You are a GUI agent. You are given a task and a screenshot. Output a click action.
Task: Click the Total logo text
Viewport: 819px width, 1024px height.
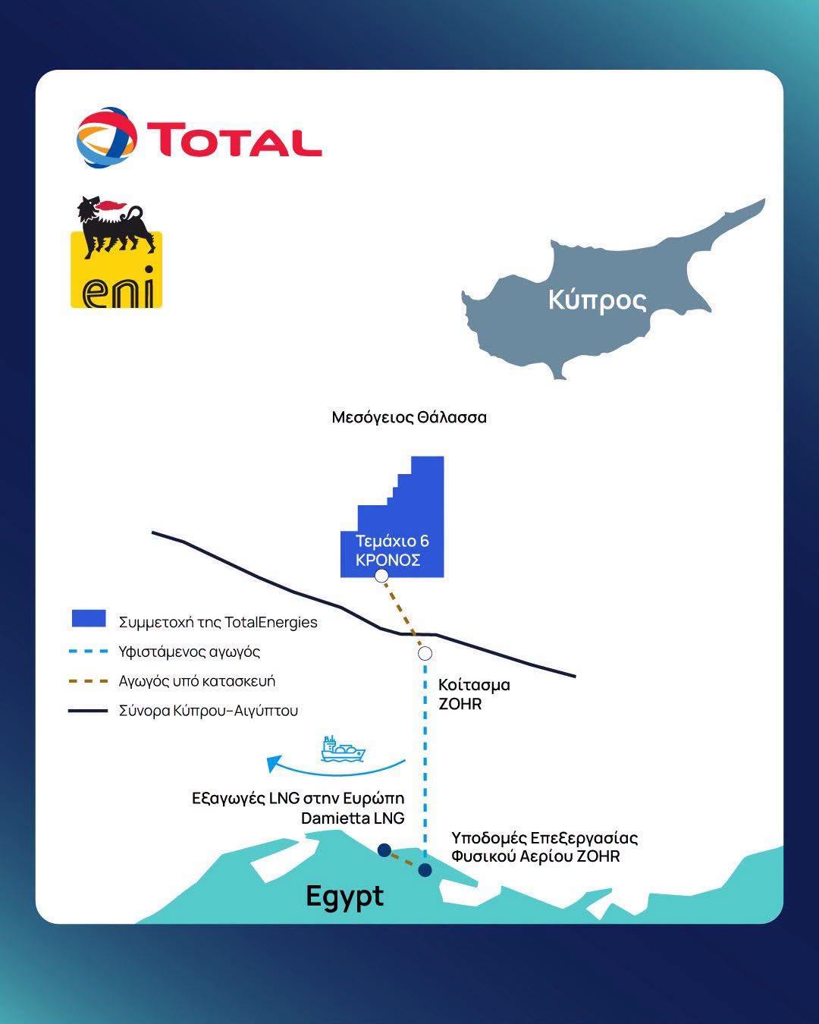tap(234, 140)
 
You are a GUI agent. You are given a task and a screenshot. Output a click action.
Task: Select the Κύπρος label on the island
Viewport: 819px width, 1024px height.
tap(598, 300)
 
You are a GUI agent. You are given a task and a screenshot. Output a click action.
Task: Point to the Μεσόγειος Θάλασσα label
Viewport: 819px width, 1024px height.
tap(409, 417)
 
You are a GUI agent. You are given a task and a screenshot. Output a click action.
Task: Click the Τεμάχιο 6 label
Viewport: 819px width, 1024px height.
tap(392, 541)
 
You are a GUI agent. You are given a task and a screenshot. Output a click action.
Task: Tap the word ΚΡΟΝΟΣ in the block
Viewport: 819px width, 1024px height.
tap(388, 560)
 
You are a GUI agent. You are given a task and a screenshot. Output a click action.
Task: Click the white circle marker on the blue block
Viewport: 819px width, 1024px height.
tap(381, 576)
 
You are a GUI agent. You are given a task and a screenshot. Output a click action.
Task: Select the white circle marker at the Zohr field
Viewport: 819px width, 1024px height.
tap(425, 653)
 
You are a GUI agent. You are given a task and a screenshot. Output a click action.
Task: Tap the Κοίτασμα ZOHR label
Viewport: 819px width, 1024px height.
tap(474, 694)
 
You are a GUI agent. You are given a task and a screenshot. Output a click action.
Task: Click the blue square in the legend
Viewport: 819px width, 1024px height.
tap(89, 618)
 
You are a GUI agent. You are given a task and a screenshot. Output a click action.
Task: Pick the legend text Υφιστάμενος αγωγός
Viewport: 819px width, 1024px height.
tap(190, 652)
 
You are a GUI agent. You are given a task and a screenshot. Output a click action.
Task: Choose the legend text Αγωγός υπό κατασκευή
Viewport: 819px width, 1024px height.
tap(197, 681)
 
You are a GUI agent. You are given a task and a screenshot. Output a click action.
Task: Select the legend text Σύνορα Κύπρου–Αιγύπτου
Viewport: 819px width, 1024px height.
tap(209, 711)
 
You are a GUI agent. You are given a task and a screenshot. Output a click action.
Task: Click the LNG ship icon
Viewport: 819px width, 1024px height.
tap(343, 749)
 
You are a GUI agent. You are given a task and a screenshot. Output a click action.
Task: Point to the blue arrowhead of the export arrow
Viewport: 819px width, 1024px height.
tap(275, 763)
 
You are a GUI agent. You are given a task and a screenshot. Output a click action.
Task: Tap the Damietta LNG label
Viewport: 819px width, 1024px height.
tap(353, 818)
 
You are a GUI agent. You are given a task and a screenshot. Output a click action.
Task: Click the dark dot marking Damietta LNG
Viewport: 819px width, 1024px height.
tap(384, 850)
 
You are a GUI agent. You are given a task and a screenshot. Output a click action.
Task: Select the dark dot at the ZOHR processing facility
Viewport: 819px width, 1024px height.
tap(425, 870)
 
